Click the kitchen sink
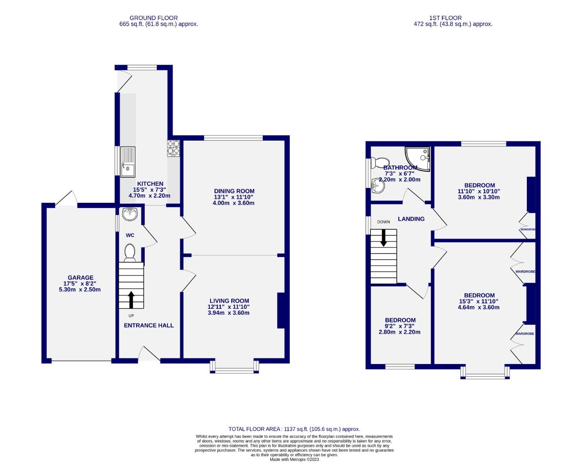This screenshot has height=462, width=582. coord(128,161)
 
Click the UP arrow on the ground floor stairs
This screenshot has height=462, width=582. coord(131,299)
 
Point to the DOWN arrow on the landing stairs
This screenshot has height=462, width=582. coord(383,238)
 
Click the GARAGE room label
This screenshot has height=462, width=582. coord(80,278)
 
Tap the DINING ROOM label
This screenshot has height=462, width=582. coord(234,191)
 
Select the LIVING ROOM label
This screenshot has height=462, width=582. coord(229,301)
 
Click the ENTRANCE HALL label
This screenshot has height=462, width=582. coord(149,325)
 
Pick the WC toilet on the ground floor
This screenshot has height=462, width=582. coord(129,252)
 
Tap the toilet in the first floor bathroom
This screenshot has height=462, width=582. coord(376,163)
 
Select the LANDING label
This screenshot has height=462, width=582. coord(411,219)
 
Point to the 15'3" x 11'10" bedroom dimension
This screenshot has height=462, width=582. coord(479,301)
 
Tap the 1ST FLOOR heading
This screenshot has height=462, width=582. coord(445,18)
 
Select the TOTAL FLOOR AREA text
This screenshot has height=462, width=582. coord(294,429)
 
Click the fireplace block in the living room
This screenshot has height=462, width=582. coord(281,310)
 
